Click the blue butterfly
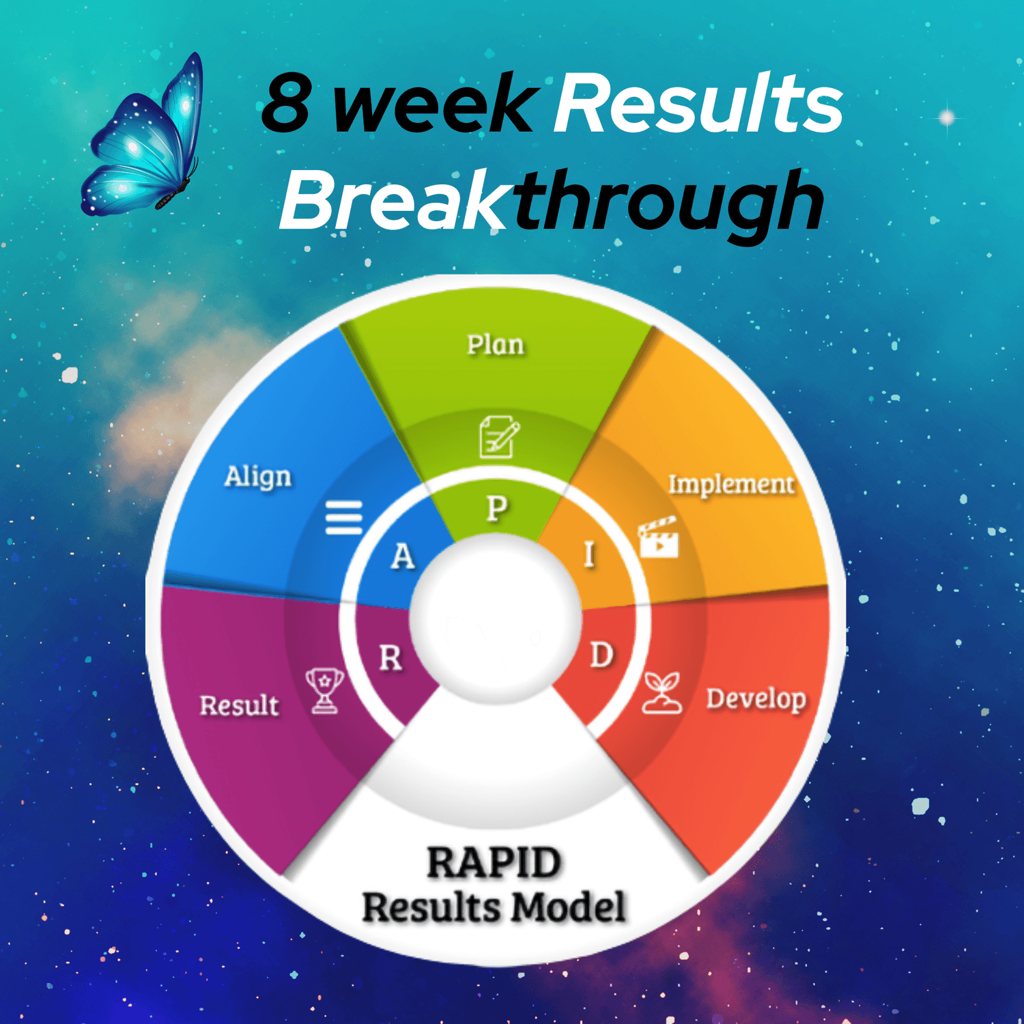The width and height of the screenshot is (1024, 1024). coord(143,137)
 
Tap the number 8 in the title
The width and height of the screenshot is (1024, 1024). coord(287,103)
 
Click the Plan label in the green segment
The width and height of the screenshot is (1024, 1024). coord(496,345)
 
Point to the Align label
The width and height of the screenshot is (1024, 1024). coord(258,477)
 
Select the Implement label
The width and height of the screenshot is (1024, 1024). coord(731,485)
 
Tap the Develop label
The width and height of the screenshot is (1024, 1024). coord(756,699)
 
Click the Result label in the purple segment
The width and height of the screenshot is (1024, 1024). coord(239,705)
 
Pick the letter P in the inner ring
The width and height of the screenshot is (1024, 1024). coord(497,509)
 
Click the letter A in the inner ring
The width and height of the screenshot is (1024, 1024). coord(403,556)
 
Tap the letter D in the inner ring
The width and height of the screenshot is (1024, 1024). coord(601,655)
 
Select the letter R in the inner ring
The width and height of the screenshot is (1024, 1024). coord(390,658)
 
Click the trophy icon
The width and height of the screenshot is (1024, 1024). coord(324,690)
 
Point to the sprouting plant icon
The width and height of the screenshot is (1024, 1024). coord(662,693)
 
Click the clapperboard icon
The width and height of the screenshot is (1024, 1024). coord(658,537)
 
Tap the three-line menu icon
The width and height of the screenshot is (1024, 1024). coord(344,517)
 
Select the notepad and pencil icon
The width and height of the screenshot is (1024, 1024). coord(499,436)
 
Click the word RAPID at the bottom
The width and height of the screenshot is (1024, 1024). coord(494,863)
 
